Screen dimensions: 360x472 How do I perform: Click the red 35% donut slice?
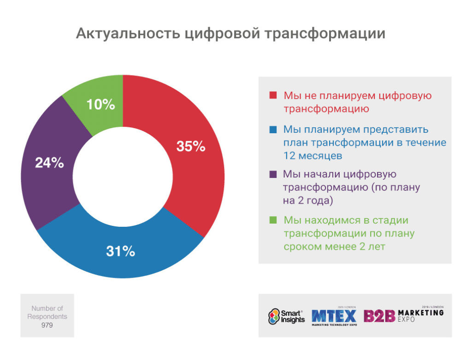pyautogui.click(x=184, y=175)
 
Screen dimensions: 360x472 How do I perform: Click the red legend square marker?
pyautogui.click(x=272, y=96)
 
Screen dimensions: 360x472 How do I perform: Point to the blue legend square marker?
pyautogui.click(x=272, y=130)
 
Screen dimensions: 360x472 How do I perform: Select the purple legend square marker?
pyautogui.click(x=272, y=174)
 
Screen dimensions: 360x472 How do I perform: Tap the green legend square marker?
pyautogui.click(x=272, y=220)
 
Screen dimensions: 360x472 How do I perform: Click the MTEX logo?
pyautogui.click(x=334, y=316)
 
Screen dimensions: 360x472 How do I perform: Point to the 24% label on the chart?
pyautogui.click(x=49, y=163)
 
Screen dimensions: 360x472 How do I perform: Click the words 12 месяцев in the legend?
pyautogui.click(x=313, y=156)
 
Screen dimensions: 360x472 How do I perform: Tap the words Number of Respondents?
pyautogui.click(x=47, y=312)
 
